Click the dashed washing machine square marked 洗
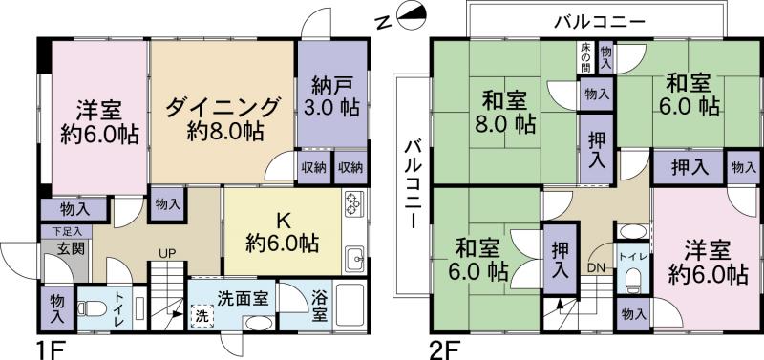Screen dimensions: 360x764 point(202,314)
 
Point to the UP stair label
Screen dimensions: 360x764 point(166,254)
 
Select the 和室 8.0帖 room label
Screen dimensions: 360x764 point(503,111)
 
